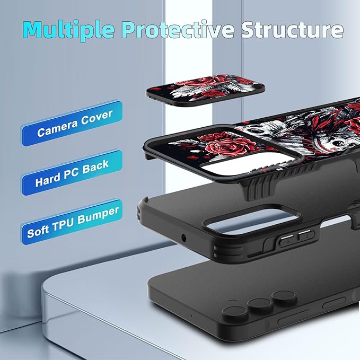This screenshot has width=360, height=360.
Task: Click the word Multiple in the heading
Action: (x=68, y=30)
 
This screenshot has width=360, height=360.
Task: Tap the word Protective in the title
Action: (x=178, y=29)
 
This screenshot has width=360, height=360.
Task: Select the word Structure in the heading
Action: (x=292, y=29)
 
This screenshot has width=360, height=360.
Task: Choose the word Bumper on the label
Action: (x=98, y=215)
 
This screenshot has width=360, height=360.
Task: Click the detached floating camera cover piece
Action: (x=206, y=90)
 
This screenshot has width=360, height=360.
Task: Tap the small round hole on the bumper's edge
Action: (x=183, y=238)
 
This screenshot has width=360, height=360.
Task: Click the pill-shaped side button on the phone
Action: (x=334, y=303)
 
